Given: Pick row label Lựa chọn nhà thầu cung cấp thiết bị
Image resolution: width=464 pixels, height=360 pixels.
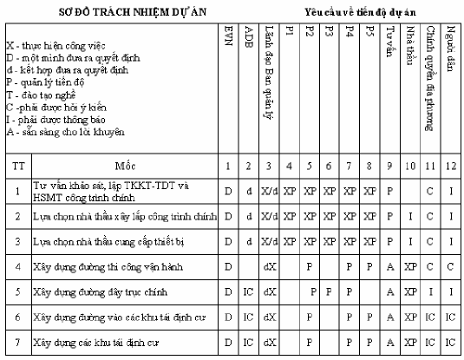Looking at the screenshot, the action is pos(103,239).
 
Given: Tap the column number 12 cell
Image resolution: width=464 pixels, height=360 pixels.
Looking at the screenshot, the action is pos(450,165).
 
